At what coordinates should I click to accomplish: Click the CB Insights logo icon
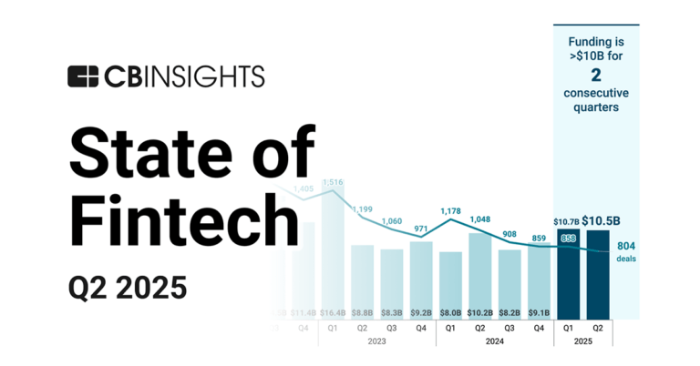click(x=83, y=76)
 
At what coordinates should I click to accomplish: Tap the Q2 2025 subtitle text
click(x=128, y=287)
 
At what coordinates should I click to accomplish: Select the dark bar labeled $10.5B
click(x=598, y=273)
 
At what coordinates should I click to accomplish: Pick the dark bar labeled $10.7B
click(x=569, y=273)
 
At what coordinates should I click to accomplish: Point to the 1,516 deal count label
click(x=333, y=182)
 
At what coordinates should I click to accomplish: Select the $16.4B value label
click(x=333, y=312)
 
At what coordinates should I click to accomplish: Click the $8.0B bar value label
click(x=450, y=312)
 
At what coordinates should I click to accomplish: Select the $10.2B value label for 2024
click(x=479, y=312)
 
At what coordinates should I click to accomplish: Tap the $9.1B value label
click(x=539, y=312)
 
